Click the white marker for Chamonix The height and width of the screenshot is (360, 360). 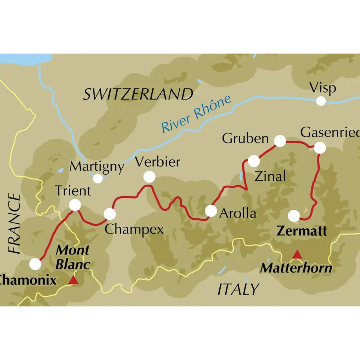tap(35, 264)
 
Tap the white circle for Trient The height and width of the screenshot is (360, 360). tap(75, 205)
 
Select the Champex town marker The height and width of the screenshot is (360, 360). tap(110, 214)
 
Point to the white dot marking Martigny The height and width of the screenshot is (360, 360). tap(98, 178)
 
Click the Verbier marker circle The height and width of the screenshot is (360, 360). tap(149, 177)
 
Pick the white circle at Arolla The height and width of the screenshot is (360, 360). tap(211, 211)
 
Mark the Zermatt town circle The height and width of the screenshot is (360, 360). tap(294, 216)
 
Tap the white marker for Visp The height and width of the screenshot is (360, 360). tap(321, 101)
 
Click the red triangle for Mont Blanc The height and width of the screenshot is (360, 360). tap(74, 280)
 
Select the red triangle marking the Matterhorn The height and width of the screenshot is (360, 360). tap(297, 255)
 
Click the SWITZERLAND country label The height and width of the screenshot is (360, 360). tap(138, 94)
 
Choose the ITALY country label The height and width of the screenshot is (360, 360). tap(238, 289)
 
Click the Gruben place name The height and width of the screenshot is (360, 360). tap(245, 138)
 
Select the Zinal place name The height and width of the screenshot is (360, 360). tap(270, 176)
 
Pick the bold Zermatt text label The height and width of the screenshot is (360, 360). tap(302, 231)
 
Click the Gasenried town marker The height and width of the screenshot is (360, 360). tap(320, 148)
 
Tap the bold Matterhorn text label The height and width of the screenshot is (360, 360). tap(296, 268)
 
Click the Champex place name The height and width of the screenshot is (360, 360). tap(134, 229)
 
